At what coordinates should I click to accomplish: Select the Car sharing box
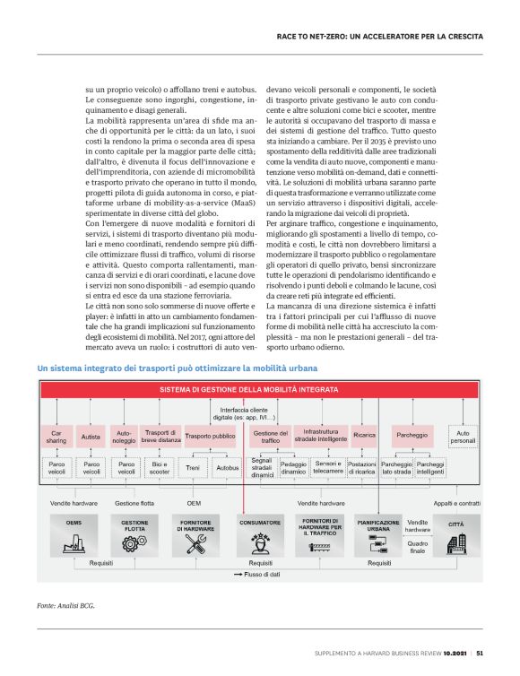point(56,437)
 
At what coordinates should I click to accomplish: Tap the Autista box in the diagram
point(91,437)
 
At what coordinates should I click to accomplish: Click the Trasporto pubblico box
point(209,437)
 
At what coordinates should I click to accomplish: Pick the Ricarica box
point(364,437)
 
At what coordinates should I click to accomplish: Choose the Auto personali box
point(463,437)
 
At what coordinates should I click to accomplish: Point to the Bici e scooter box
point(160,468)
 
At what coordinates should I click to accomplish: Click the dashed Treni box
point(193,468)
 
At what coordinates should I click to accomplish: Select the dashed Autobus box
point(228,468)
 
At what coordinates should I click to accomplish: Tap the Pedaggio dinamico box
point(293,468)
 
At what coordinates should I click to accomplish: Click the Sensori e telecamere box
point(329,468)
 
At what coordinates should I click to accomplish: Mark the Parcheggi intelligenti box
point(430,468)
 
